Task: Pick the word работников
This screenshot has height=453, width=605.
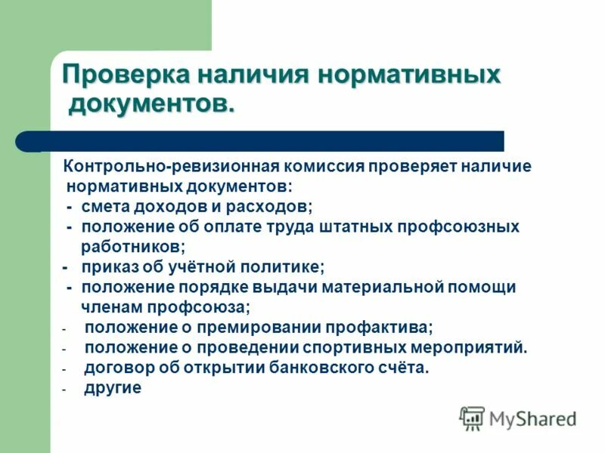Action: coord(132,246)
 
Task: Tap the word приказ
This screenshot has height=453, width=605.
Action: coord(109,267)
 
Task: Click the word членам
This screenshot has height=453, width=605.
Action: coord(111,307)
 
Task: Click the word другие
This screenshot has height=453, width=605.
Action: coord(113,389)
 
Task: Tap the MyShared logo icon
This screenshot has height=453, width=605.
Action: coord(473,418)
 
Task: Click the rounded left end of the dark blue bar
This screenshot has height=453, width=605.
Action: coord(25,141)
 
